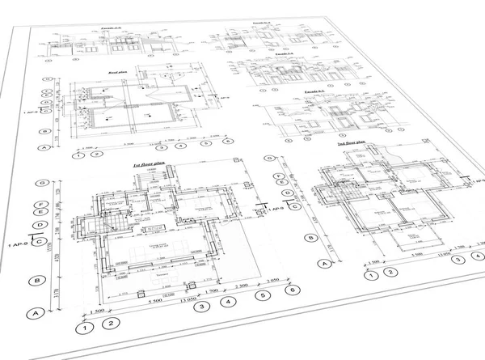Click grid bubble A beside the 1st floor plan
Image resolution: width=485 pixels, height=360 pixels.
click(35, 313)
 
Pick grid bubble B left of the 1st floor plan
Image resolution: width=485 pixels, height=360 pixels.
click(36, 281)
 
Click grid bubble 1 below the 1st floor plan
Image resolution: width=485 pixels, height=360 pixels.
click(82, 328)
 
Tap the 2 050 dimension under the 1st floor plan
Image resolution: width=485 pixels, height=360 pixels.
click(272, 278)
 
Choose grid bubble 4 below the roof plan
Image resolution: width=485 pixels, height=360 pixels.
click(182, 146)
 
